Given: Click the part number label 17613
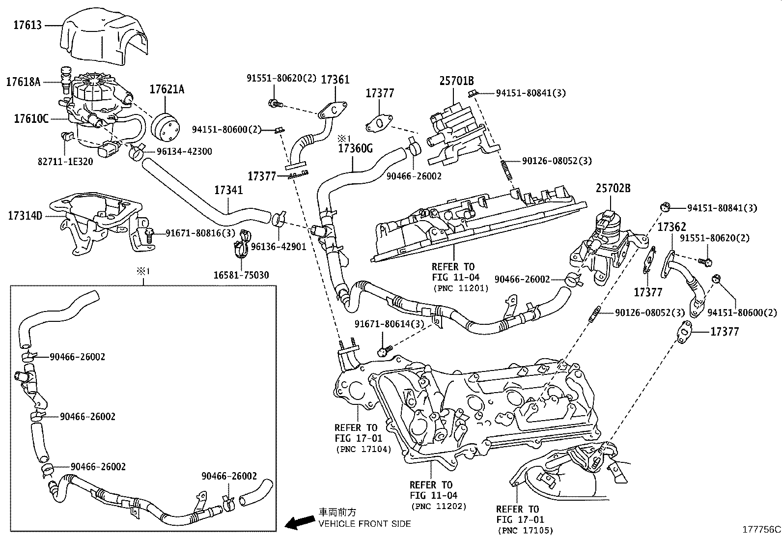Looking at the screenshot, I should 28,25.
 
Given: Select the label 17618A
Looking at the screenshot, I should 23,82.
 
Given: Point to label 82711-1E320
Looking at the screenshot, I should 66,160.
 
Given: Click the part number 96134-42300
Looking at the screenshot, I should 184,151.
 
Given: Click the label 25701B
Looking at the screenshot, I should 456,81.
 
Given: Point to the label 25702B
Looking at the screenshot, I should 613,188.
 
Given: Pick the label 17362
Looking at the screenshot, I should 671,227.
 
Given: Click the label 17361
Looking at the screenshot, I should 335,79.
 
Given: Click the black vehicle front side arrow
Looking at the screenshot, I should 301,523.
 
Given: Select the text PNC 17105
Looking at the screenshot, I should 525,531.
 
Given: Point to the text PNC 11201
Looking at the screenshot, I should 461,288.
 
